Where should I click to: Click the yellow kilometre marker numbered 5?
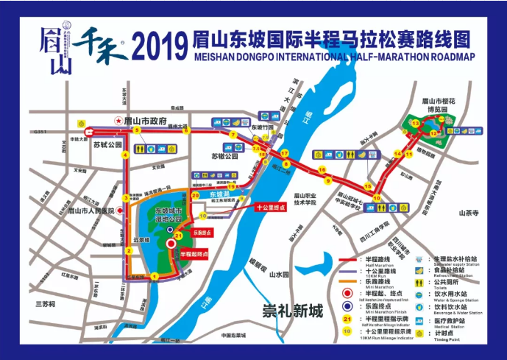pos(136,130)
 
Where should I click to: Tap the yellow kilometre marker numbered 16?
pos(322,170)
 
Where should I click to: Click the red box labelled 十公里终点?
pos(273,208)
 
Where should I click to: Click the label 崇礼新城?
pos(294,311)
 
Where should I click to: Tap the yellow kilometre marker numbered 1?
pos(155,276)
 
